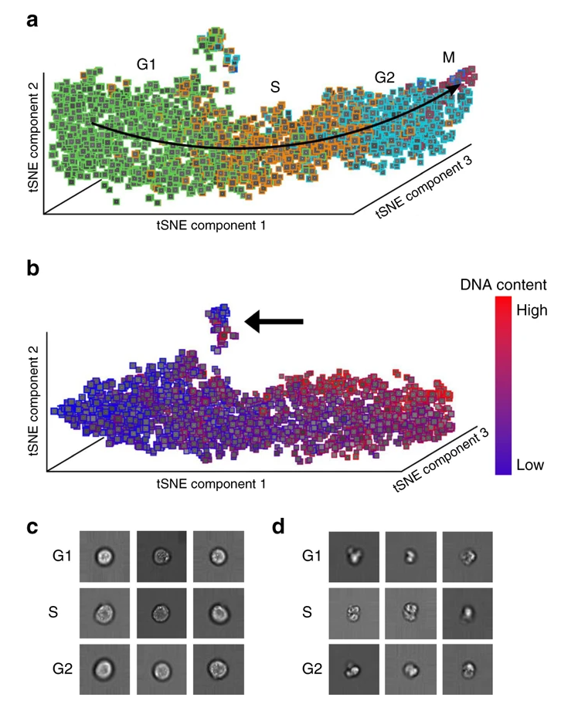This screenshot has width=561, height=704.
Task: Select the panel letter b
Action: coord(34,270)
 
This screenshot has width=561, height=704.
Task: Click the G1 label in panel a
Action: coord(147,65)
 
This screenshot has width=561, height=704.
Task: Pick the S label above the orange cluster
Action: coord(275,87)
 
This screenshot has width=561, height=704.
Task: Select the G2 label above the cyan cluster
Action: coord(385,77)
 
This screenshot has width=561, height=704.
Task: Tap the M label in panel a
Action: coord(449,57)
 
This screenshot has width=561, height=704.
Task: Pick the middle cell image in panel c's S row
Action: coord(161,614)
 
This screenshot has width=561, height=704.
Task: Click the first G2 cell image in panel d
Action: coord(352,668)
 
